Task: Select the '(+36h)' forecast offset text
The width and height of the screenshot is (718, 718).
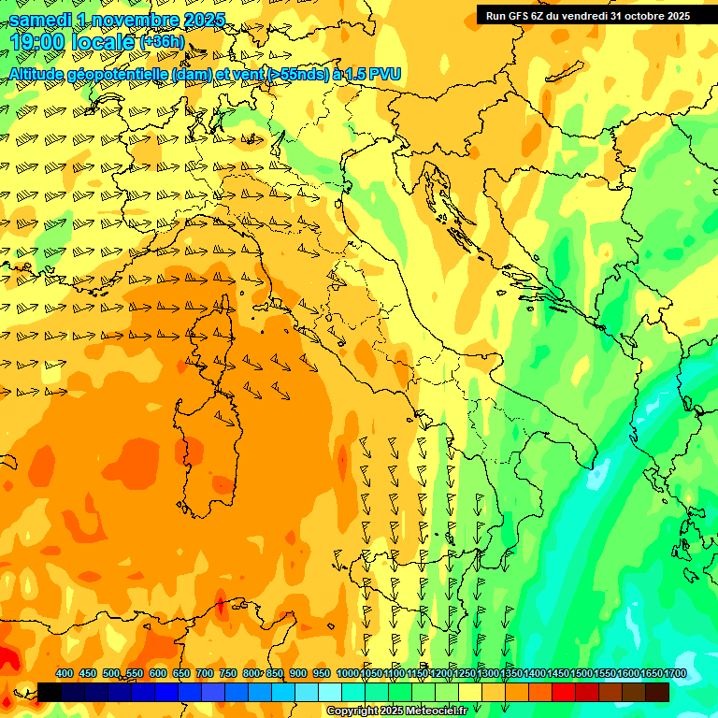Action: tap(161, 42)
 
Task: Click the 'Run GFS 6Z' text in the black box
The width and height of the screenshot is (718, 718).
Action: tap(515, 16)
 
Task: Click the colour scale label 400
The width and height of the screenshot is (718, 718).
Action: tap(65, 674)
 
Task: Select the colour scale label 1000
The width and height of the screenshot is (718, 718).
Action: tap(347, 674)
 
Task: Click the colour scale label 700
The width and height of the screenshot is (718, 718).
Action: tap(205, 674)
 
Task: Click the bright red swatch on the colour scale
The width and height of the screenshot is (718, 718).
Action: tap(564, 693)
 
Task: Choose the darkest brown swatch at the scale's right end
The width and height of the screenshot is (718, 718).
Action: tap(657, 693)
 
